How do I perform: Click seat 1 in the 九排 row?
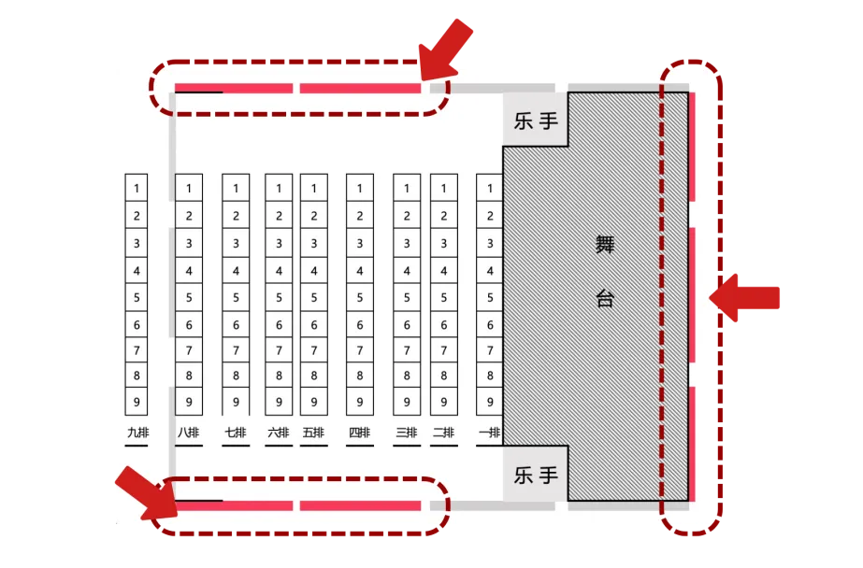click(x=137, y=188)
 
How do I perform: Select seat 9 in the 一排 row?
click(x=490, y=402)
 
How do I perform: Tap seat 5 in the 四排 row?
click(x=360, y=297)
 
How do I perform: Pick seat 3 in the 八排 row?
click(x=189, y=243)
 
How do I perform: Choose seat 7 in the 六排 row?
click(x=279, y=350)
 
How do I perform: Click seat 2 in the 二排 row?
click(x=443, y=216)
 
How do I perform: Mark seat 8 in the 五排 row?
click(x=314, y=376)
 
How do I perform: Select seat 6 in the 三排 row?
click(x=407, y=325)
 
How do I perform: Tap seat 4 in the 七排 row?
click(x=236, y=271)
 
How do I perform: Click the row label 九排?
click(x=137, y=433)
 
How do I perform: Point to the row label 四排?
click(x=359, y=433)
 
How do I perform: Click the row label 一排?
click(x=489, y=433)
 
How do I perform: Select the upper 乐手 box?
click(x=536, y=120)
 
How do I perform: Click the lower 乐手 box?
click(x=536, y=474)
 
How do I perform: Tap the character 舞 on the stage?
click(x=605, y=245)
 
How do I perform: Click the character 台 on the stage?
click(x=605, y=299)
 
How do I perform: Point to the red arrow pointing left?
click(x=744, y=298)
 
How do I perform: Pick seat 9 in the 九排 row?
click(x=137, y=402)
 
